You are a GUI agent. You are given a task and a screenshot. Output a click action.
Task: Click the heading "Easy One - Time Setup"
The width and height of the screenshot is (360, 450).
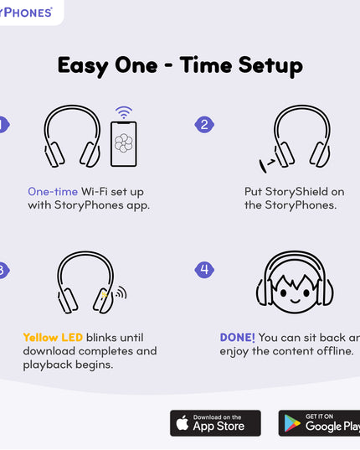pyautogui.click(x=180, y=65)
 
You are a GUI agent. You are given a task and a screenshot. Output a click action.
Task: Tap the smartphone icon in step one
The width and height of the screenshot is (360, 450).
pyautogui.click(x=124, y=144)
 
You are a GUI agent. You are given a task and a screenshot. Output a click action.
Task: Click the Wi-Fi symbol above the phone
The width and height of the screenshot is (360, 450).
pyautogui.click(x=124, y=112)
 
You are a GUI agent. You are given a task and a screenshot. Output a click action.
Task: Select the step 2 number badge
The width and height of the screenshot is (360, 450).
pyautogui.click(x=204, y=125)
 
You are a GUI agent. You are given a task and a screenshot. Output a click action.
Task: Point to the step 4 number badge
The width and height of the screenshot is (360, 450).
pyautogui.click(x=204, y=269)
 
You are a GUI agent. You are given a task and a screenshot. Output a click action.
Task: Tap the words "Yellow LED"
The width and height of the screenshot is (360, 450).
pyautogui.click(x=53, y=337)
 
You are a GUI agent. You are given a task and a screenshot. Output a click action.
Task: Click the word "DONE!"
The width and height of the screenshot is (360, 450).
pyautogui.click(x=237, y=337)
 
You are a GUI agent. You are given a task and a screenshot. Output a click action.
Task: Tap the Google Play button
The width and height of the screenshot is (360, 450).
pyautogui.click(x=320, y=423)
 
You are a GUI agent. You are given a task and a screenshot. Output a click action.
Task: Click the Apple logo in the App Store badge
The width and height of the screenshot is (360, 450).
pyautogui.click(x=182, y=423)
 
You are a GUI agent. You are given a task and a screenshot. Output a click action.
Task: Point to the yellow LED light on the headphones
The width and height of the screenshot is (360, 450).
pyautogui.click(x=104, y=294)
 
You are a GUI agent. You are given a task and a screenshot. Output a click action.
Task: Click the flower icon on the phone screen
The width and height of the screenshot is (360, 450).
pyautogui.click(x=124, y=143)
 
